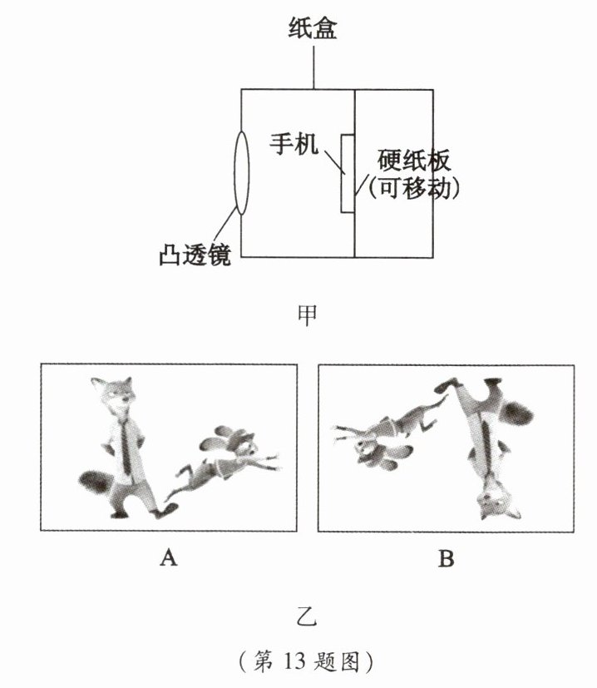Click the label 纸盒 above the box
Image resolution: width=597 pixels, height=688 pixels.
pyautogui.click(x=313, y=31)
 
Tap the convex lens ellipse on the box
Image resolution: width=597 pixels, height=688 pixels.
pyautogui.click(x=241, y=172)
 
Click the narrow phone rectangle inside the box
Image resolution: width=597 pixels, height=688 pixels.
pyautogui.click(x=348, y=172)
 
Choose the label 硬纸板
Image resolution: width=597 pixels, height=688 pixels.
pyautogui.click(x=413, y=158)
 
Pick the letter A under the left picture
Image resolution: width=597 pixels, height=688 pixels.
pyautogui.click(x=168, y=558)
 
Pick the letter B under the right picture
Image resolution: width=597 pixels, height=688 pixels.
pyautogui.click(x=446, y=558)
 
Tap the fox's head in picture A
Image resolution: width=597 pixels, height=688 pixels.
pyautogui.click(x=112, y=393)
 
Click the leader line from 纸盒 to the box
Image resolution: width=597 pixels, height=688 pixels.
pyautogui.click(x=313, y=67)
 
